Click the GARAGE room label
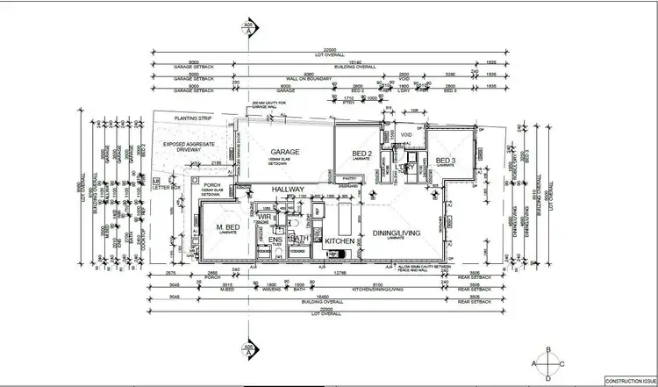coord(285,151)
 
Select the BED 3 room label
coord(446,160)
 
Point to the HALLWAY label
coord(288,189)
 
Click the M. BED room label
coord(229,229)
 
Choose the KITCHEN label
coord(339,240)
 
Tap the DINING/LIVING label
coord(395,233)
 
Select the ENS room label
coord(275,239)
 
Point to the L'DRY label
coord(405,166)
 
